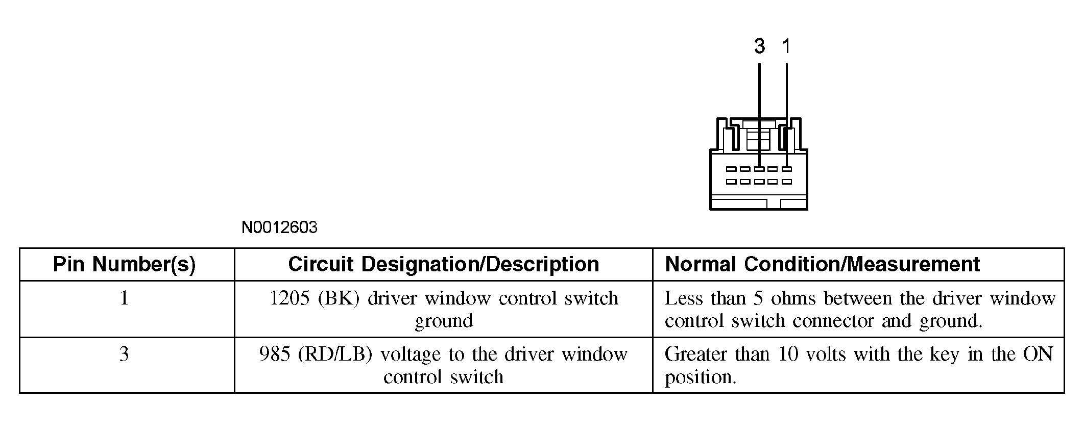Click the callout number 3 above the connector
click(x=759, y=46)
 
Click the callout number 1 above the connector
click(x=786, y=46)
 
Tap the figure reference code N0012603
click(x=279, y=227)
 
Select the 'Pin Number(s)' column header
click(x=125, y=264)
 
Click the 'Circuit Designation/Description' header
click(x=443, y=264)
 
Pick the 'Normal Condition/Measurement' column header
click(x=822, y=264)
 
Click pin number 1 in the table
click(x=124, y=298)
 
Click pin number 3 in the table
click(x=124, y=354)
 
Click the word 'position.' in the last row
click(x=700, y=377)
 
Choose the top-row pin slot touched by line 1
click(x=787, y=169)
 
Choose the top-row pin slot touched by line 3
click(x=759, y=169)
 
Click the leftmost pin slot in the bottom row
click(x=731, y=182)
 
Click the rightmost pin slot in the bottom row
click(x=787, y=182)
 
